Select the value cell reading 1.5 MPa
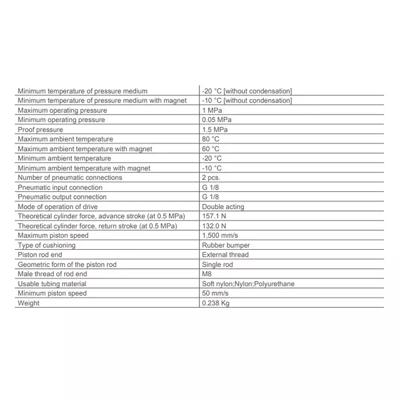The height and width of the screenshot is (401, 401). click(215, 129)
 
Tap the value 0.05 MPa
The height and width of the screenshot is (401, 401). click(217, 120)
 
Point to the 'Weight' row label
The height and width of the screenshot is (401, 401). click(29, 303)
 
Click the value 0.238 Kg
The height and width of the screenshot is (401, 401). click(215, 303)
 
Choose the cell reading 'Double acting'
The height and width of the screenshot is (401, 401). click(223, 207)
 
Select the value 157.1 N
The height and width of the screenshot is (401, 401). click(214, 217)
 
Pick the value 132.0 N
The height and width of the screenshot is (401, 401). click(214, 226)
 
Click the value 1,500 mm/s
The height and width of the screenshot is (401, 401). click(220, 235)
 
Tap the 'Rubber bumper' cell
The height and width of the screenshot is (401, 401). click(226, 245)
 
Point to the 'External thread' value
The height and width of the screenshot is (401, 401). click(225, 255)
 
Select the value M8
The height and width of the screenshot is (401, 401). click(207, 274)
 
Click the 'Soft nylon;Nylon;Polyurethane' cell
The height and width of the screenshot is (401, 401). click(248, 284)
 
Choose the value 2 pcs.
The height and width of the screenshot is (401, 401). click(211, 178)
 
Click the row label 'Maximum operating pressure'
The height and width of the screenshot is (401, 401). click(62, 110)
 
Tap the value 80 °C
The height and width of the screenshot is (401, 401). click(211, 139)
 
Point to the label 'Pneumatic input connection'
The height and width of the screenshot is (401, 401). click(60, 187)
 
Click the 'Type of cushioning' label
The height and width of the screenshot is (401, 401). click(46, 245)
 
